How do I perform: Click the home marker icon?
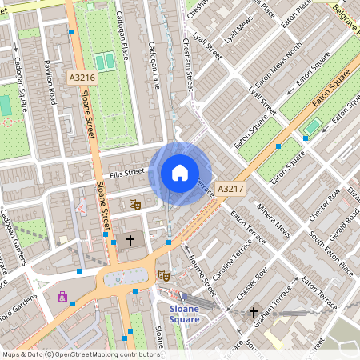tap(180, 173)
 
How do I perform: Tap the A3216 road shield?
tap(82, 78)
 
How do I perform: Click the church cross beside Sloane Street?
tap(130, 240)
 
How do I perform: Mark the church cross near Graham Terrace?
tap(254, 313)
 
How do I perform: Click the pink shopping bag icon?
tap(62, 297)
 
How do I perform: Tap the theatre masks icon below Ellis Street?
tap(135, 206)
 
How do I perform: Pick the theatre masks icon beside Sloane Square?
tap(164, 275)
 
